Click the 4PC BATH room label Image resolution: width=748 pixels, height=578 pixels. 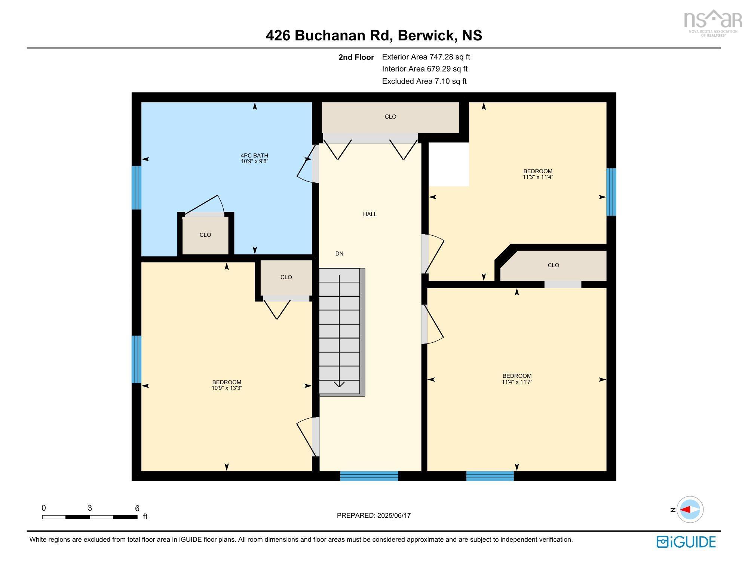[x=254, y=155]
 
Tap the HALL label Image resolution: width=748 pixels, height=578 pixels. [x=370, y=214]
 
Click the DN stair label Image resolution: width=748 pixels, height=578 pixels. [x=339, y=254]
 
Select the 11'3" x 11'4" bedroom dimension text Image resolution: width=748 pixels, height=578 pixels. [x=538, y=177]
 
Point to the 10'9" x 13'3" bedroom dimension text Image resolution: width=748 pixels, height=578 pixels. [x=227, y=388]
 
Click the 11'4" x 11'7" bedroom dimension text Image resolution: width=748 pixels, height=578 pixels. [x=517, y=382]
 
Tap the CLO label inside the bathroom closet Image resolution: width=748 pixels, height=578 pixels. [x=205, y=235]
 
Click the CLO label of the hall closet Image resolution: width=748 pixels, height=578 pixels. [x=390, y=117]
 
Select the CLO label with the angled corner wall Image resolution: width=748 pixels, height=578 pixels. [x=553, y=265]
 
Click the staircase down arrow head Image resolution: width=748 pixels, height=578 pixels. [x=339, y=384]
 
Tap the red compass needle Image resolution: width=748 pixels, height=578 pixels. [x=685, y=510]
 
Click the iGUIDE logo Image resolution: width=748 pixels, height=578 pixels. [x=686, y=542]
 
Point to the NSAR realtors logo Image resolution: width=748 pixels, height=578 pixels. [x=713, y=22]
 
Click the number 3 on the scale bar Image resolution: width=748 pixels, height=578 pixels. [x=90, y=508]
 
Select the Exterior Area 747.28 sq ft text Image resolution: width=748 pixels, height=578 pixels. [x=426, y=57]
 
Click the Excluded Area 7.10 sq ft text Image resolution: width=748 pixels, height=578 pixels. [x=424, y=81]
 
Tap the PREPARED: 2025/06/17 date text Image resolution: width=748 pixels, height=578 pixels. [x=374, y=515]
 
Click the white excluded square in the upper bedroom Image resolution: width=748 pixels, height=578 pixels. [x=449, y=164]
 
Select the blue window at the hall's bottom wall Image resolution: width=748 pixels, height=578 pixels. [x=369, y=476]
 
